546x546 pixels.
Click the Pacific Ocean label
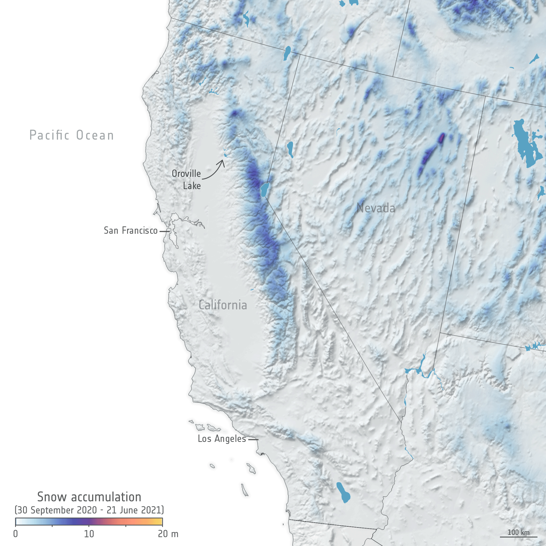(72, 135)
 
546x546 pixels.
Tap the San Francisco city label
(131, 231)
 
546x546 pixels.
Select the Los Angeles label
(222, 439)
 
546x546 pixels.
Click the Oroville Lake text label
(187, 179)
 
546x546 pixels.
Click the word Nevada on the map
(376, 208)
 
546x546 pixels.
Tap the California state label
(223, 305)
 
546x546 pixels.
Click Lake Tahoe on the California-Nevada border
(264, 190)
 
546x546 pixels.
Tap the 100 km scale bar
(518, 537)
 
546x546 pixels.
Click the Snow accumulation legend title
(89, 497)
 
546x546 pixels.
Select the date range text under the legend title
(89, 510)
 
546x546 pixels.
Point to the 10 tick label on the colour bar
(89, 534)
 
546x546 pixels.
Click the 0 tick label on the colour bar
(16, 534)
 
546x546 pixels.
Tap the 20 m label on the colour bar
(168, 534)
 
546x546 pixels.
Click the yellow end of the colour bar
(159, 522)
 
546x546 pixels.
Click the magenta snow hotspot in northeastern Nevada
(441, 138)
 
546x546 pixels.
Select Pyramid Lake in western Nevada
(290, 149)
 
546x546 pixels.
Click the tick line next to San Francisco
(164, 231)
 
